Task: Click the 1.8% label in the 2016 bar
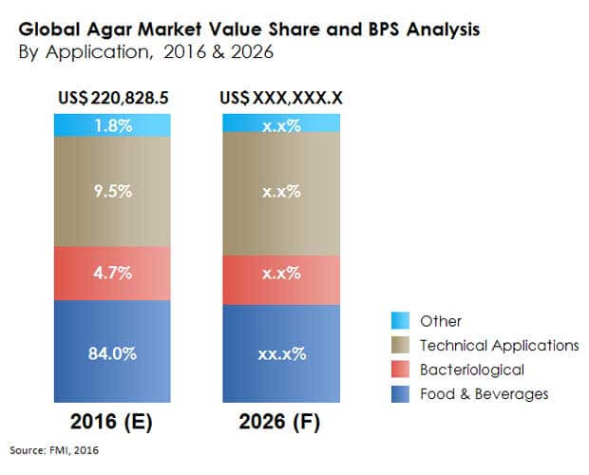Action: (x=114, y=123)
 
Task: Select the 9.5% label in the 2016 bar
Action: (x=114, y=190)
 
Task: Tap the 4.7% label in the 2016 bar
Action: (x=114, y=273)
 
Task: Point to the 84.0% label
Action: (x=114, y=353)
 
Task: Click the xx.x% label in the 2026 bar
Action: (x=281, y=353)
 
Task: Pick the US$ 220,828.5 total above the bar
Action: (x=114, y=98)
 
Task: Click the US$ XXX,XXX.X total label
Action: (x=281, y=98)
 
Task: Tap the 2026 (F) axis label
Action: (x=281, y=418)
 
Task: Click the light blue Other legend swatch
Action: (x=400, y=321)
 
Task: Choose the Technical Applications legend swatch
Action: (x=400, y=345)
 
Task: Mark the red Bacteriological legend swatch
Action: (x=400, y=369)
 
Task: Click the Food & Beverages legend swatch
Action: (x=400, y=392)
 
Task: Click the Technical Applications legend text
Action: (x=499, y=345)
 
